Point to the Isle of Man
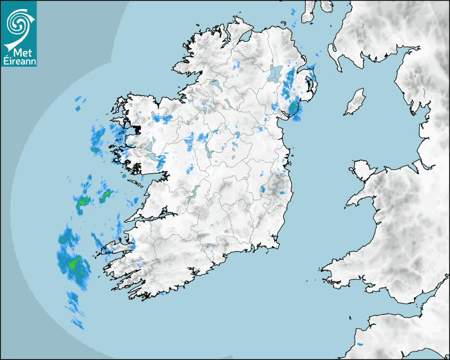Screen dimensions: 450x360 pyautogui.click(x=355, y=102)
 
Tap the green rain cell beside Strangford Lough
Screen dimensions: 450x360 pyautogui.click(x=293, y=109)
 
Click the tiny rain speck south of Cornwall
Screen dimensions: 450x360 pyautogui.click(x=360, y=345)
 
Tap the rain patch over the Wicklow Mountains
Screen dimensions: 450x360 pyautogui.click(x=263, y=189)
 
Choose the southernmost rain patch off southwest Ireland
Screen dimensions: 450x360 pyautogui.click(x=78, y=322)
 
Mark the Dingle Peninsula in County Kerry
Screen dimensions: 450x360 pyautogui.click(x=114, y=248)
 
